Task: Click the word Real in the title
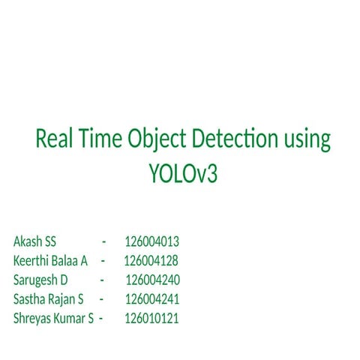coord(54,140)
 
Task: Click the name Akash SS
coord(34,241)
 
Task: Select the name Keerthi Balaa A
coord(50,261)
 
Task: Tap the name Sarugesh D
coord(40,280)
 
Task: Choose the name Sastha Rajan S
coord(48,299)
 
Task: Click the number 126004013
coord(151,241)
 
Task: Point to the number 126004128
coord(151,261)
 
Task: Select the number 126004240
coord(152,280)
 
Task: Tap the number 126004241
coord(151,299)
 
